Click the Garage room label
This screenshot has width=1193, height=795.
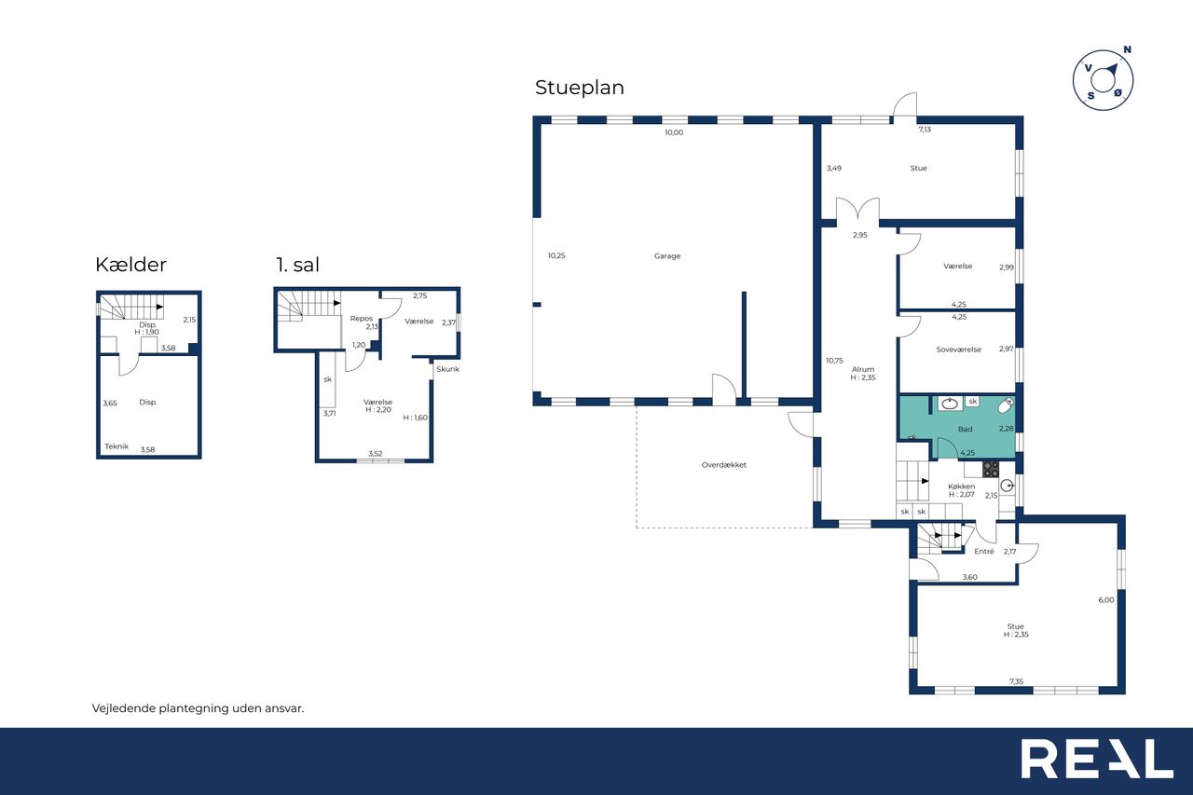click(666, 256)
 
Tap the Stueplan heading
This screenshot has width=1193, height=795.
click(580, 88)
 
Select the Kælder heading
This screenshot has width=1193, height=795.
click(131, 265)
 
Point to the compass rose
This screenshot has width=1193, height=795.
click(1103, 81)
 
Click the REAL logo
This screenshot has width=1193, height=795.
click(1097, 759)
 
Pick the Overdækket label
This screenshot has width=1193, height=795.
click(724, 465)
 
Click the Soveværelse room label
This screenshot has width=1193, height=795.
click(959, 350)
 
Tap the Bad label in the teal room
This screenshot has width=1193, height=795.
click(965, 429)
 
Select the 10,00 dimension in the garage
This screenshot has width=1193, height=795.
click(674, 132)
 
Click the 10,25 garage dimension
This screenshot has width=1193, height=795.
click(556, 255)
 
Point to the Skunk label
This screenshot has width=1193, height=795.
click(447, 369)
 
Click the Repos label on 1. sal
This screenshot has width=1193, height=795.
click(361, 319)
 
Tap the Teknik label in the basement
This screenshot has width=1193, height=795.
click(117, 446)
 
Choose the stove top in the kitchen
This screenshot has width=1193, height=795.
click(991, 469)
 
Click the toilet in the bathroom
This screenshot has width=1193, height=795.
click(1005, 405)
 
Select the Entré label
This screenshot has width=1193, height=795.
click(983, 552)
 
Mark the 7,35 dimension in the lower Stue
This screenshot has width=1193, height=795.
click(1016, 681)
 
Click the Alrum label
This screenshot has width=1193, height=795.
click(863, 369)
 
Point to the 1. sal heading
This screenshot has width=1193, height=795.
click(297, 265)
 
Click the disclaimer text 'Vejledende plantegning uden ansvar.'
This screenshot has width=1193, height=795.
click(199, 708)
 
